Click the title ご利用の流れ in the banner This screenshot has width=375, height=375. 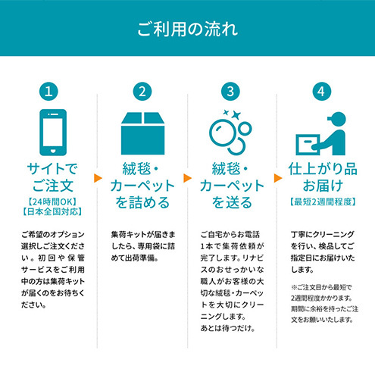click(x=187, y=29)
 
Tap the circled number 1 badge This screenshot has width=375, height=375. click(x=48, y=92)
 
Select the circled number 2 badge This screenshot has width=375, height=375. click(x=142, y=92)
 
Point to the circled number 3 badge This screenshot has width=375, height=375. click(x=230, y=92)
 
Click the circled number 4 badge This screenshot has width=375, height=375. click(x=322, y=92)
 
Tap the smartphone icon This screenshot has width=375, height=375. click(x=53, y=133)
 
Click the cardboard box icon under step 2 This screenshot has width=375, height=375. click(x=142, y=133)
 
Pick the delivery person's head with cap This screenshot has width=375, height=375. click(x=337, y=119)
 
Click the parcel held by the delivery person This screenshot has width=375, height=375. click(x=308, y=145)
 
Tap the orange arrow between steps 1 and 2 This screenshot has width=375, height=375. click(x=98, y=178)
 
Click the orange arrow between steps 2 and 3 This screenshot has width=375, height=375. click(x=188, y=178)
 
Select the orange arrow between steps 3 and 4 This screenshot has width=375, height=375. click(x=278, y=178)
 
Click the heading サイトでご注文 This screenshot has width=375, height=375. click(x=52, y=177)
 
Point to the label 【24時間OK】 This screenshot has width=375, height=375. click(x=52, y=202)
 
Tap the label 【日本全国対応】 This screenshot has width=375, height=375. click(x=52, y=211)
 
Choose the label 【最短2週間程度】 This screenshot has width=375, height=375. click(x=323, y=202)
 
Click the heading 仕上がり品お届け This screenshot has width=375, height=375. click(x=323, y=177)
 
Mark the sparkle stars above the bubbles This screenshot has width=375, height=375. click(x=233, y=114)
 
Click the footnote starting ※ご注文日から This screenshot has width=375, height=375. click(x=324, y=304)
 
